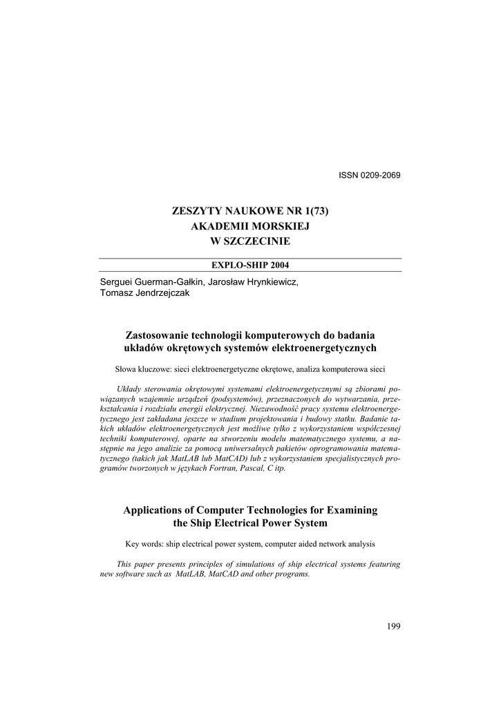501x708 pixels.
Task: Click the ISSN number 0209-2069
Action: pos(379,174)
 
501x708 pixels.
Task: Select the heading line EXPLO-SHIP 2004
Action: pos(249,265)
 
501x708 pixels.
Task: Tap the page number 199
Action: pos(394,626)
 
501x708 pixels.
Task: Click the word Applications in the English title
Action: pos(153,510)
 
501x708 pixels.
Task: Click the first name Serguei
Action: pos(118,282)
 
